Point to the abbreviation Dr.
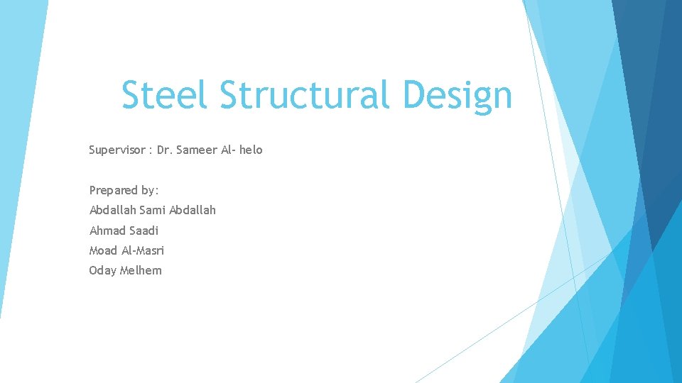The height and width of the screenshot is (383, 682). [164, 150]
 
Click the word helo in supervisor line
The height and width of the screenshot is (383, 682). [251, 150]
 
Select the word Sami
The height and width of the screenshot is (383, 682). [152, 210]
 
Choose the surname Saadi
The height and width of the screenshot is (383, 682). [144, 231]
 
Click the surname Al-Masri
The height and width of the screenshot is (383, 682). [144, 250]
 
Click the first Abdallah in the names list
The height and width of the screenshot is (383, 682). [112, 210]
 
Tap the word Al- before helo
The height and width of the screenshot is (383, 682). [230, 150]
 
